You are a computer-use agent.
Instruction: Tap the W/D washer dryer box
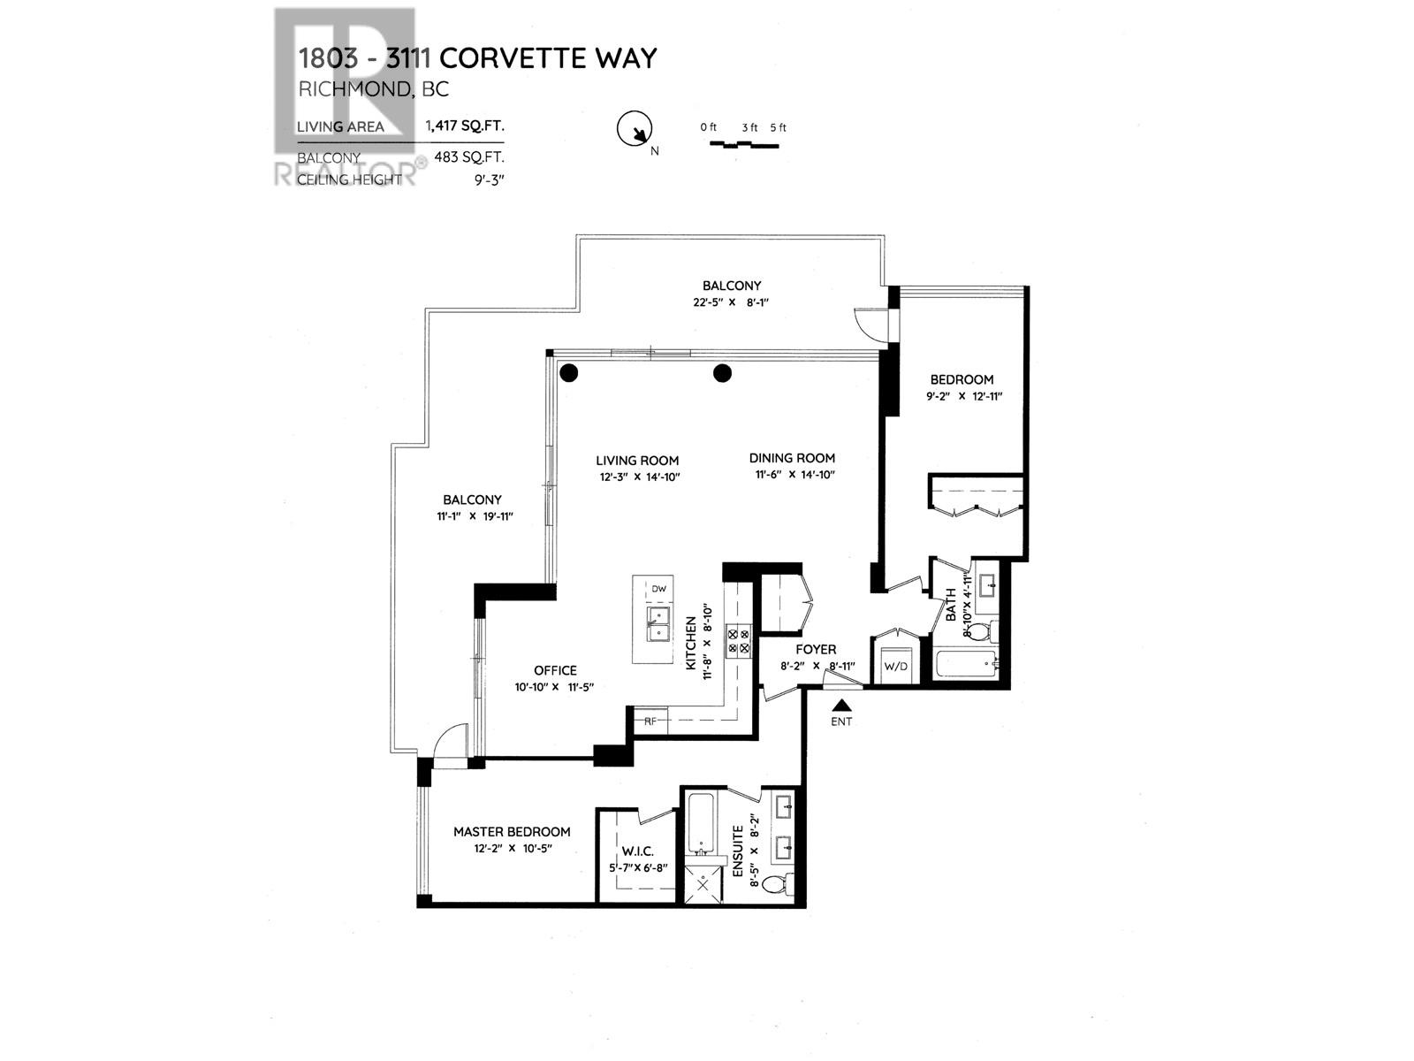coord(895,665)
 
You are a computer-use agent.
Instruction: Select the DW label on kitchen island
coord(658,589)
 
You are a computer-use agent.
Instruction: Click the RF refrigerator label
coord(650,721)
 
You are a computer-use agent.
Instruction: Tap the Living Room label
coord(637,460)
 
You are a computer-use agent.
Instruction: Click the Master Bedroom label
coord(512,831)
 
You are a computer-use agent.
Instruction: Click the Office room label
coord(555,670)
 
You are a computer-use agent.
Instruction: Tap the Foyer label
coord(815,649)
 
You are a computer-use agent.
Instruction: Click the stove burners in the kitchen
coord(738,640)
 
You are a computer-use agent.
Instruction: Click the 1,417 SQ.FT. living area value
coord(465,126)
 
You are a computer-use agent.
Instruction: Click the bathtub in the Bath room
coord(965,663)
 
